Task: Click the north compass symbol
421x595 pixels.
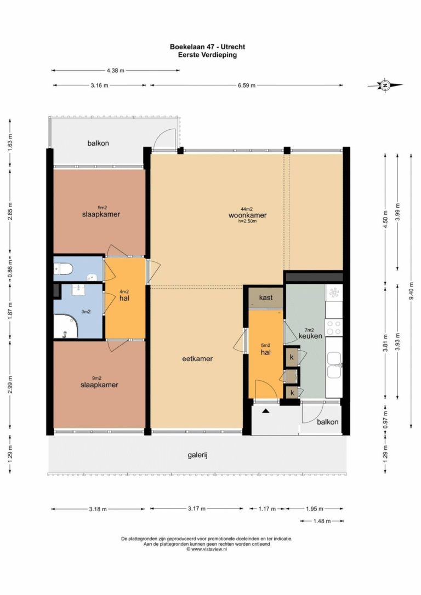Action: pyautogui.click(x=385, y=85)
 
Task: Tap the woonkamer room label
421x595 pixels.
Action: pyautogui.click(x=248, y=215)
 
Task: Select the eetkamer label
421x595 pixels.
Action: pyautogui.click(x=197, y=359)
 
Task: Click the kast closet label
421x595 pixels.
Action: pyautogui.click(x=266, y=297)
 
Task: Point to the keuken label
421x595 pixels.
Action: pyautogui.click(x=310, y=336)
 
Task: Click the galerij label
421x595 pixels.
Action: pyautogui.click(x=197, y=455)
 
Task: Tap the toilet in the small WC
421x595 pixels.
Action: pyautogui.click(x=64, y=270)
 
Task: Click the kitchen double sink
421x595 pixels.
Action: pyautogui.click(x=334, y=365)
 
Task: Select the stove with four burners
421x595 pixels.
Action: pyautogui.click(x=334, y=328)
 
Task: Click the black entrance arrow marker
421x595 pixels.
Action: pyautogui.click(x=266, y=410)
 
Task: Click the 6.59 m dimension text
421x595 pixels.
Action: pyautogui.click(x=247, y=85)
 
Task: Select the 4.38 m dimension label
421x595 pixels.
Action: pyautogui.click(x=116, y=70)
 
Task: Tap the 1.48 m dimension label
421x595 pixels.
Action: pyautogui.click(x=322, y=521)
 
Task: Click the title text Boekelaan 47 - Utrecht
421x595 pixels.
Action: pyautogui.click(x=207, y=47)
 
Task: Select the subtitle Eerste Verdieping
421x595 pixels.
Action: pyautogui.click(x=207, y=55)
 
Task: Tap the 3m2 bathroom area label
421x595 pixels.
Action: pyautogui.click(x=86, y=312)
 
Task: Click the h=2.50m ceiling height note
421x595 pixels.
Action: pyautogui.click(x=248, y=221)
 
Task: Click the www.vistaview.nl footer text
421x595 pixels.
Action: pyautogui.click(x=207, y=549)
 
